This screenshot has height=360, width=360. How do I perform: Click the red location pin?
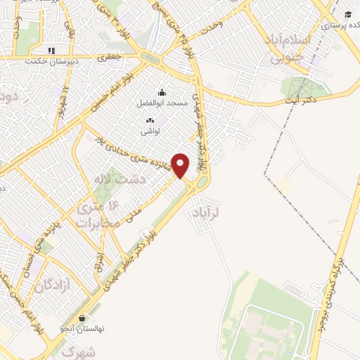tap(181, 165)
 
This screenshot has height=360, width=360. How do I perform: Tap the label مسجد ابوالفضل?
tap(162, 103)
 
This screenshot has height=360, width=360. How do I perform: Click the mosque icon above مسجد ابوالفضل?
tap(162, 92)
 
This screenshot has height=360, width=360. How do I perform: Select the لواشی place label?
tap(150, 131)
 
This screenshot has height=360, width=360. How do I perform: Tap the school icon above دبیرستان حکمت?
tap(50, 51)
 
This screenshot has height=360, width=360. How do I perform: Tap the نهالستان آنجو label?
tap(83, 328)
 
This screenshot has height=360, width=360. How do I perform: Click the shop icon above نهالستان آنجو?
tap(83, 318)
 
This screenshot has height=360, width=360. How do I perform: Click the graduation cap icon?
tap(347, 13)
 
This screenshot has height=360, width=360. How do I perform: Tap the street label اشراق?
tap(99, 264)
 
